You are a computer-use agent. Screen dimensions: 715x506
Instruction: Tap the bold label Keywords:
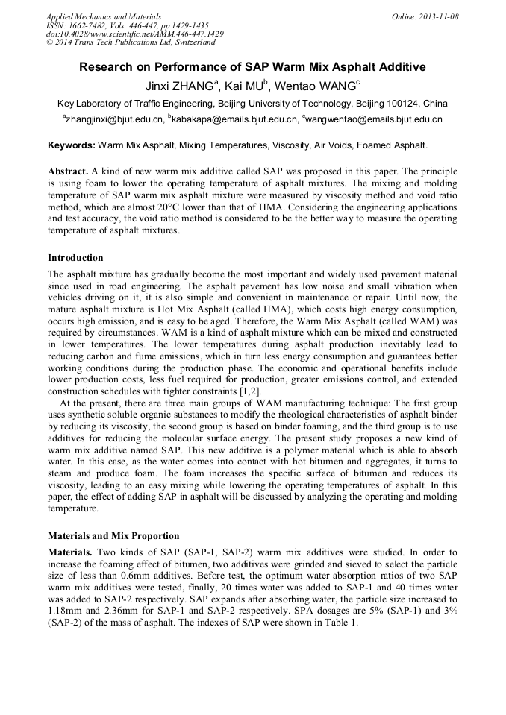tap(72, 145)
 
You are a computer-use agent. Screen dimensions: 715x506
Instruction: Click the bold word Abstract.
tap(68, 170)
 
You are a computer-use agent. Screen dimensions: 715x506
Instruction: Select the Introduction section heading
tap(75, 258)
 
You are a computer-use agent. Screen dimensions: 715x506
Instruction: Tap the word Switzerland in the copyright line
tap(187, 43)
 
